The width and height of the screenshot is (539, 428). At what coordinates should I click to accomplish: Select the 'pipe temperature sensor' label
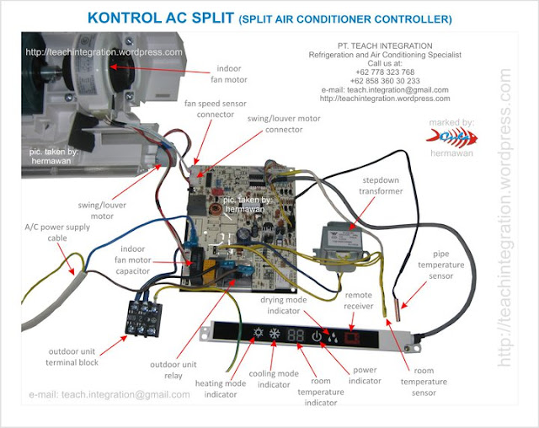coord(455,265)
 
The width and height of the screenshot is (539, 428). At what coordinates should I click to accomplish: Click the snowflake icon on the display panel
coord(275,335)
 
